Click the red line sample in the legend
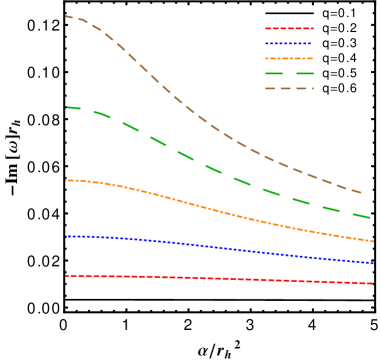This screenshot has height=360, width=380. (x=289, y=28)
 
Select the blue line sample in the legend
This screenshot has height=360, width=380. (x=289, y=43)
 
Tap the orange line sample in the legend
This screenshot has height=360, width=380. (x=289, y=58)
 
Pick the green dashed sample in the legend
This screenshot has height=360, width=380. (x=289, y=73)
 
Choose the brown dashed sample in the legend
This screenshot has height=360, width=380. (x=289, y=88)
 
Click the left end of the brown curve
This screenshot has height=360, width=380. (x=66, y=16)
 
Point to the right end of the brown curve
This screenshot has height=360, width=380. (x=361, y=193)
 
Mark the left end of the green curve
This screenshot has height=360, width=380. (x=67, y=107)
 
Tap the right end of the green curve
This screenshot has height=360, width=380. (x=371, y=217)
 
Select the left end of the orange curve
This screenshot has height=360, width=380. (x=66, y=180)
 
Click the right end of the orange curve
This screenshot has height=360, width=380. (x=373, y=241)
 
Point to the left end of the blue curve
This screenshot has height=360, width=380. (x=67, y=236)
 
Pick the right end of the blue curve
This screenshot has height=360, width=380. (x=373, y=263)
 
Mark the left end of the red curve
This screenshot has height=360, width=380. (x=66, y=275)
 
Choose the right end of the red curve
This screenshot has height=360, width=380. (x=373, y=283)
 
